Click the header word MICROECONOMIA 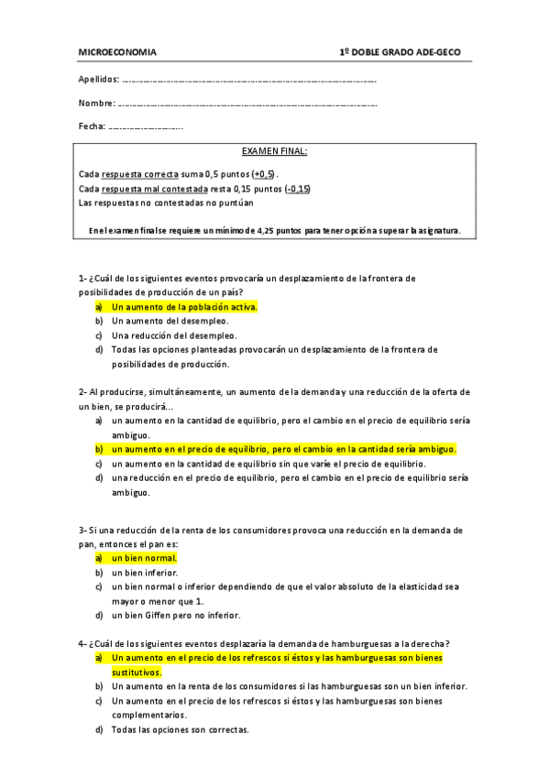(x=117, y=52)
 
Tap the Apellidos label (x=98, y=80)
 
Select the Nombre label (x=96, y=103)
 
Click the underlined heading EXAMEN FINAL (x=274, y=150)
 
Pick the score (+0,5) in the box (x=264, y=173)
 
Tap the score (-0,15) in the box (x=297, y=189)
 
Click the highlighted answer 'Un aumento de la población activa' (x=183, y=307)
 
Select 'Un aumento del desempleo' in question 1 (x=170, y=321)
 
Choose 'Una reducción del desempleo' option (x=175, y=335)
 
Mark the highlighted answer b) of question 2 (x=282, y=449)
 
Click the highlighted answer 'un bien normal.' (x=144, y=557)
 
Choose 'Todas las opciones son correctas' (x=180, y=730)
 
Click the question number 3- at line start (x=82, y=530)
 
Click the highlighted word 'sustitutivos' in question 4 (x=137, y=673)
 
